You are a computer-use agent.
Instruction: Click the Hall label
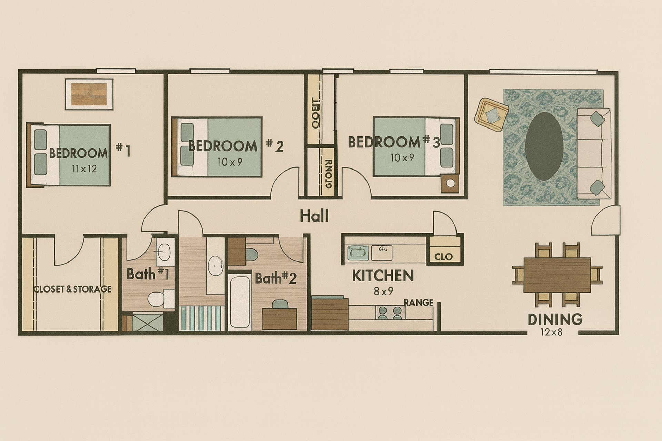click(314, 216)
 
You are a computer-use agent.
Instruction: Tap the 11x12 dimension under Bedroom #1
click(84, 169)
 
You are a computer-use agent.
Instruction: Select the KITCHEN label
click(383, 276)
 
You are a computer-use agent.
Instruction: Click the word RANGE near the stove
click(419, 303)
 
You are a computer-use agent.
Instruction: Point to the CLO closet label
click(443, 257)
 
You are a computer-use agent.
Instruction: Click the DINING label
click(555, 319)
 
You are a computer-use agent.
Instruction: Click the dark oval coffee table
click(544, 146)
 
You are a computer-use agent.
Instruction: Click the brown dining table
click(557, 275)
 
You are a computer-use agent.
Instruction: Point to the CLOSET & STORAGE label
click(72, 289)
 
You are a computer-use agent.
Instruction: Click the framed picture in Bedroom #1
click(89, 94)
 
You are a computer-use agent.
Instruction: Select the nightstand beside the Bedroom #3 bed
click(450, 184)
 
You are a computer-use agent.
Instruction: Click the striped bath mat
click(202, 318)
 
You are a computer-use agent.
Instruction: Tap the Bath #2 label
click(275, 278)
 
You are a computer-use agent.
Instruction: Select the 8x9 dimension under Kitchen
click(383, 291)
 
